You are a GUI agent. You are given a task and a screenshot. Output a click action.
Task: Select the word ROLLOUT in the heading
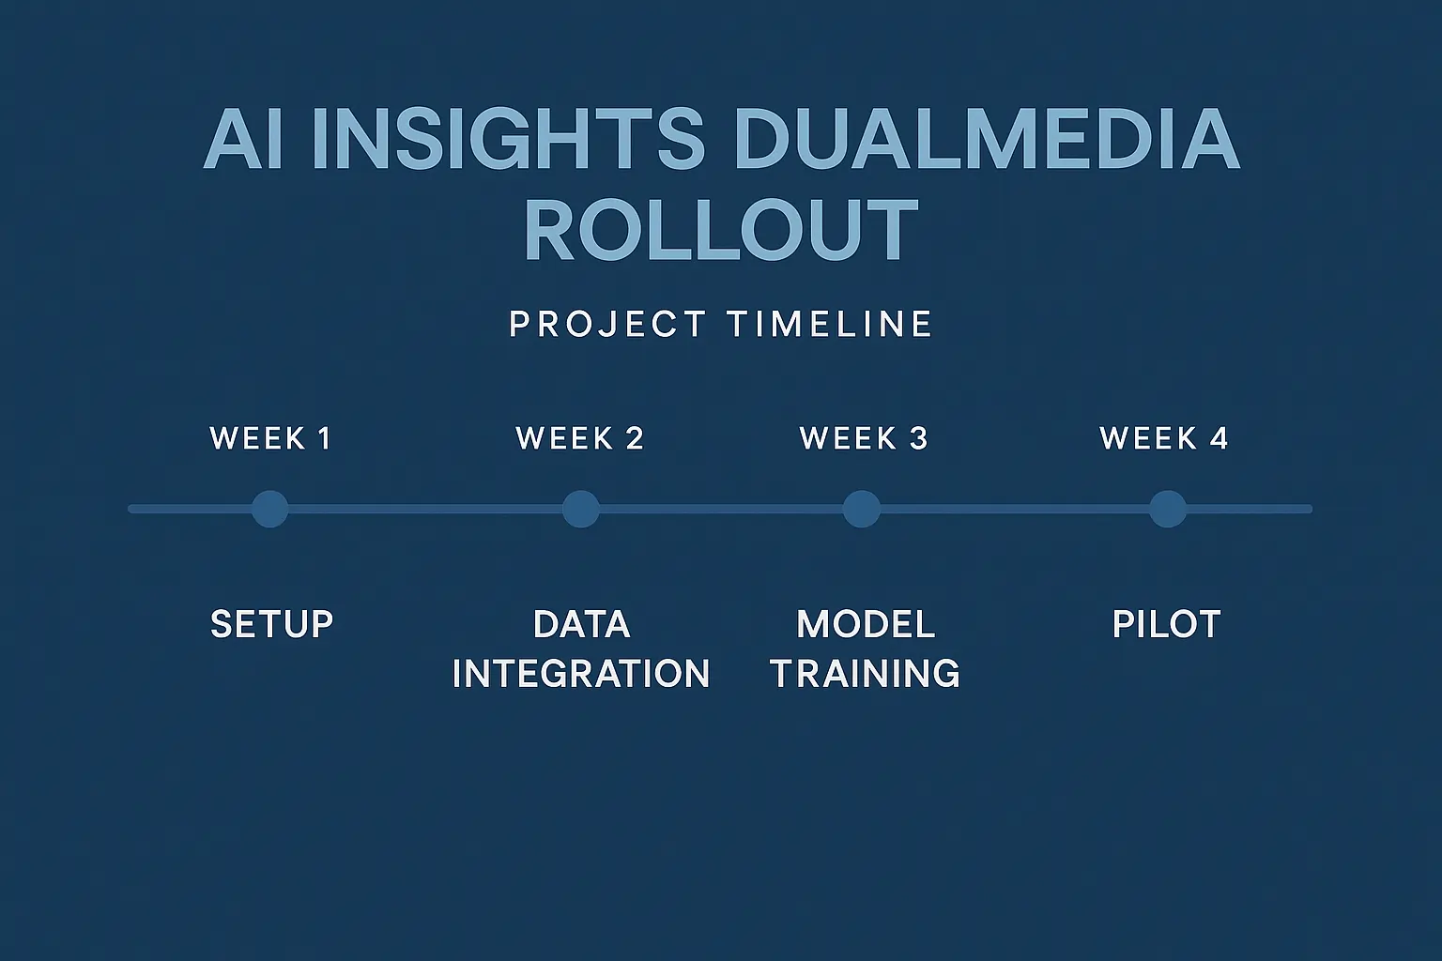pyautogui.click(x=720, y=231)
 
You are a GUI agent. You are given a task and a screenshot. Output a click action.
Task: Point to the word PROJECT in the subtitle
pyautogui.click(x=607, y=325)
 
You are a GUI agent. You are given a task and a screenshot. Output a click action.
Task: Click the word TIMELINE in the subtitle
pyautogui.click(x=830, y=325)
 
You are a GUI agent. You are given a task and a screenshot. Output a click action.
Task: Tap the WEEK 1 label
pyautogui.click(x=271, y=438)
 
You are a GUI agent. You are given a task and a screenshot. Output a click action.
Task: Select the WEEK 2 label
pyautogui.click(x=580, y=438)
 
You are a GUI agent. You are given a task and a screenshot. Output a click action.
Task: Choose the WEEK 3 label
pyautogui.click(x=864, y=438)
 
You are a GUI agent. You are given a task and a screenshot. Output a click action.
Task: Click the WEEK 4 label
pyautogui.click(x=1164, y=438)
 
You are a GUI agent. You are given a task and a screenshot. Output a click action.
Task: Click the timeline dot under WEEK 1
pyautogui.click(x=270, y=509)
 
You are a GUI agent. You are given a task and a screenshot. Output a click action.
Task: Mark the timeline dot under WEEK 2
pyautogui.click(x=580, y=509)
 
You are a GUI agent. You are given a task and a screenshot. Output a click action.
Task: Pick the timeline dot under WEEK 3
pyautogui.click(x=861, y=509)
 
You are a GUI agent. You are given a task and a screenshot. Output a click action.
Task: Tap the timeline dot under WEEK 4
pyautogui.click(x=1168, y=509)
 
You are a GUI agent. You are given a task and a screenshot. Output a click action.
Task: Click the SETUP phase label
pyautogui.click(x=272, y=625)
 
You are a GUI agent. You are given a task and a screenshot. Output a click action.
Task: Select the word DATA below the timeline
pyautogui.click(x=581, y=625)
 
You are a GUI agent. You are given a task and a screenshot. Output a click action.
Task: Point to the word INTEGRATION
pyautogui.click(x=581, y=674)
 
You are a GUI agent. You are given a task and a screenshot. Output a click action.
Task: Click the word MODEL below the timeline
pyautogui.click(x=866, y=625)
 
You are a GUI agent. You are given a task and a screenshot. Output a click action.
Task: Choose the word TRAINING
pyautogui.click(x=866, y=674)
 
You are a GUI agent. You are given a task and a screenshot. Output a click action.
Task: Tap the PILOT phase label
pyautogui.click(x=1166, y=625)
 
